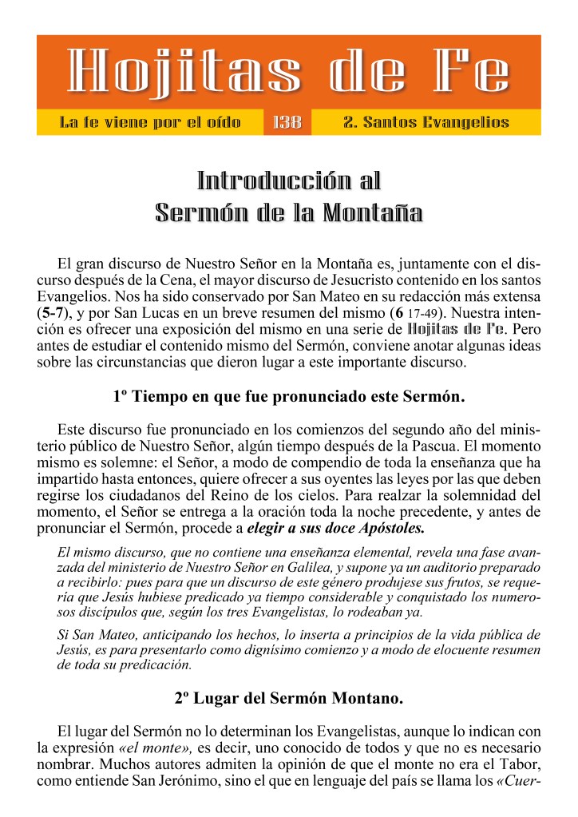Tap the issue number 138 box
pyautogui.click(x=287, y=122)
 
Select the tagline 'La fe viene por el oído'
pyautogui.click(x=150, y=122)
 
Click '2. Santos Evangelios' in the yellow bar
pyautogui.click(x=426, y=122)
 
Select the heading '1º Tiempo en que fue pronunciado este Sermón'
pyautogui.click(x=288, y=396)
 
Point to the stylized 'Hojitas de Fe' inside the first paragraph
pyautogui.click(x=455, y=327)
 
